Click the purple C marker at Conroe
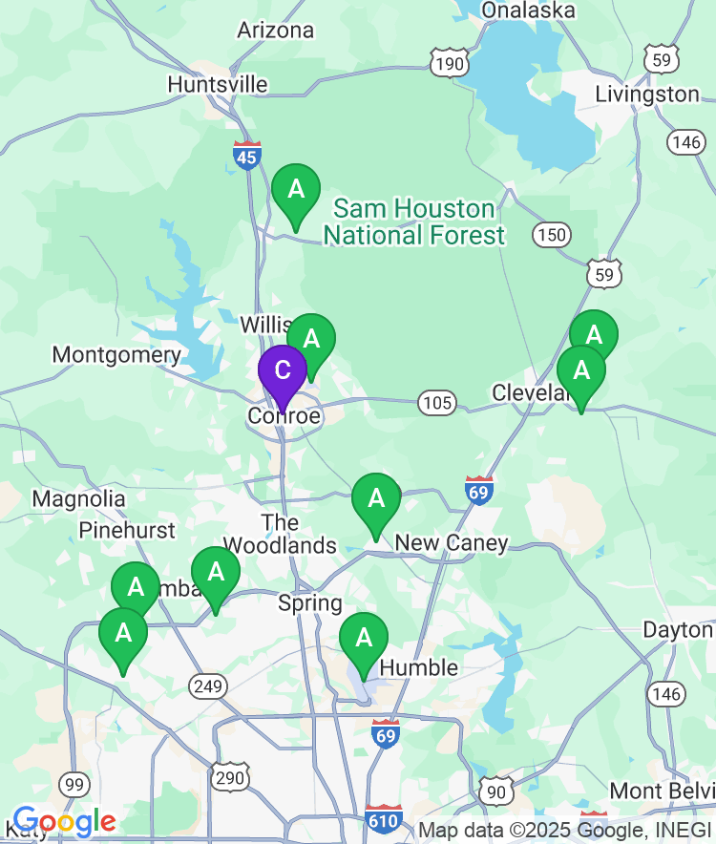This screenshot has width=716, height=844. pyautogui.click(x=283, y=371)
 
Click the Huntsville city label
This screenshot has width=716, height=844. pyautogui.click(x=218, y=84)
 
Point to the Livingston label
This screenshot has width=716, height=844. pyautogui.click(x=647, y=94)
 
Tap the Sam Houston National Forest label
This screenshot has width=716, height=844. pyautogui.click(x=414, y=222)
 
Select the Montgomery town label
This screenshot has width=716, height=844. pyautogui.click(x=116, y=355)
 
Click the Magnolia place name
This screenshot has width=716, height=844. pyautogui.click(x=78, y=498)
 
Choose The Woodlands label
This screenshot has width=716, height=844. pyautogui.click(x=280, y=535)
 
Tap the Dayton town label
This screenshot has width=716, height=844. pyautogui.click(x=678, y=630)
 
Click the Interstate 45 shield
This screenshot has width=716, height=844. pyautogui.click(x=246, y=155)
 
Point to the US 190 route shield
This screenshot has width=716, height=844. pyautogui.click(x=449, y=64)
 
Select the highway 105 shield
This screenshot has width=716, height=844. pyautogui.click(x=437, y=402)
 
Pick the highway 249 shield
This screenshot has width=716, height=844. pyautogui.click(x=207, y=684)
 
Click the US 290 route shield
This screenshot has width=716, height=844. pyautogui.click(x=230, y=777)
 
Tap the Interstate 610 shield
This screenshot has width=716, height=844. pyautogui.click(x=384, y=818)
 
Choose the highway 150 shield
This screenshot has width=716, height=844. pyautogui.click(x=552, y=235)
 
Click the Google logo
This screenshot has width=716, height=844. pyautogui.click(x=64, y=821)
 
